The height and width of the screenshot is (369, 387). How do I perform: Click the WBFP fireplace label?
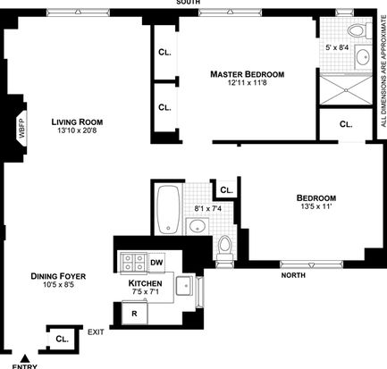click(x=22, y=129)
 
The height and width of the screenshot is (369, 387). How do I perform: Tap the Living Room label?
click(x=77, y=122)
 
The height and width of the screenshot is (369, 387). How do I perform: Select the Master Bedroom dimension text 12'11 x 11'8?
click(x=247, y=82)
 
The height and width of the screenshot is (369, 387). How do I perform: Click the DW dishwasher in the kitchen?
click(x=156, y=263)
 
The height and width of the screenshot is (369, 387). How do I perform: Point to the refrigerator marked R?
click(x=135, y=314)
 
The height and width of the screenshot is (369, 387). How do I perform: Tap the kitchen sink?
click(x=184, y=286)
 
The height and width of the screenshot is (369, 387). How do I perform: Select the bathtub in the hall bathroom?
click(x=168, y=210)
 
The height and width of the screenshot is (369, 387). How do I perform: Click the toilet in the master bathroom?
click(x=358, y=30)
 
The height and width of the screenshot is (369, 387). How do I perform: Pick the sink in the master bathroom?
click(x=363, y=56)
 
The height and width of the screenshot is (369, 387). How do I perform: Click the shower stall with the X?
click(x=346, y=89)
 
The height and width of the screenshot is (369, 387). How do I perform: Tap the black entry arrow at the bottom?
click(x=25, y=357)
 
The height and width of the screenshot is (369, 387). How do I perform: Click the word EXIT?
click(x=96, y=332)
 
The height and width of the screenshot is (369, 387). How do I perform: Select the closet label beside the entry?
click(x=63, y=339)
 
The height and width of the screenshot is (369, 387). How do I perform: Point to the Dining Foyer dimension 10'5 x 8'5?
click(x=58, y=285)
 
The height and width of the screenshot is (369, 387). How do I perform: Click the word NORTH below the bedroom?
click(x=293, y=275)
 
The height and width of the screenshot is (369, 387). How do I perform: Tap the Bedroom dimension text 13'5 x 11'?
click(x=316, y=206)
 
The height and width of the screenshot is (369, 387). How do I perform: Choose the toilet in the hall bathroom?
click(x=224, y=248)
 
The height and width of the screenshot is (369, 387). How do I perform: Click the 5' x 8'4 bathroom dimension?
click(x=337, y=47)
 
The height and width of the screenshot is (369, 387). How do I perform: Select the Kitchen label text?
click(x=145, y=283)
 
